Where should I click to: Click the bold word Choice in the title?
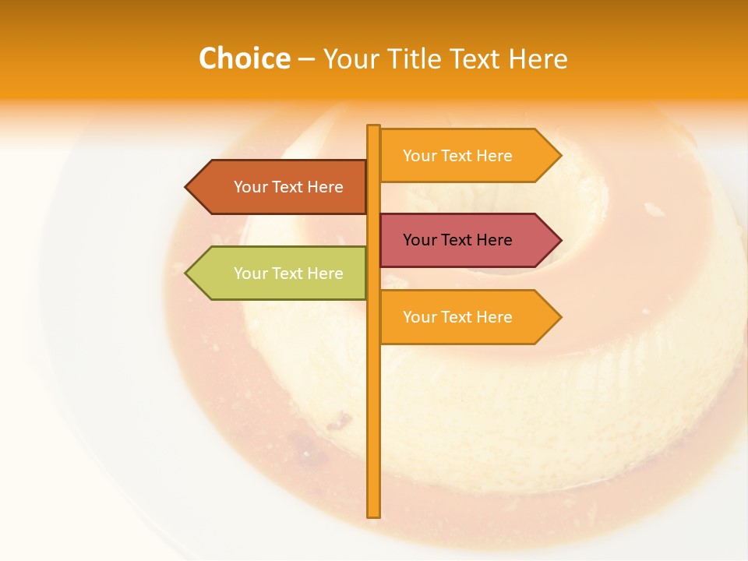coord(244,58)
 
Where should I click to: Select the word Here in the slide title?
coord(538,59)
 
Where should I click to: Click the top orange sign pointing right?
coord(460,156)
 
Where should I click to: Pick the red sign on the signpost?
coord(460,240)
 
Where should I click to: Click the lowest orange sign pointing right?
coord(460,317)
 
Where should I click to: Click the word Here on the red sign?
coord(493,240)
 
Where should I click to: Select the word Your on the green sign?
coord(250,273)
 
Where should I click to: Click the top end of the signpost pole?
coord(373,127)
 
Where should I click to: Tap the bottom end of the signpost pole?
coord(373,515)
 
